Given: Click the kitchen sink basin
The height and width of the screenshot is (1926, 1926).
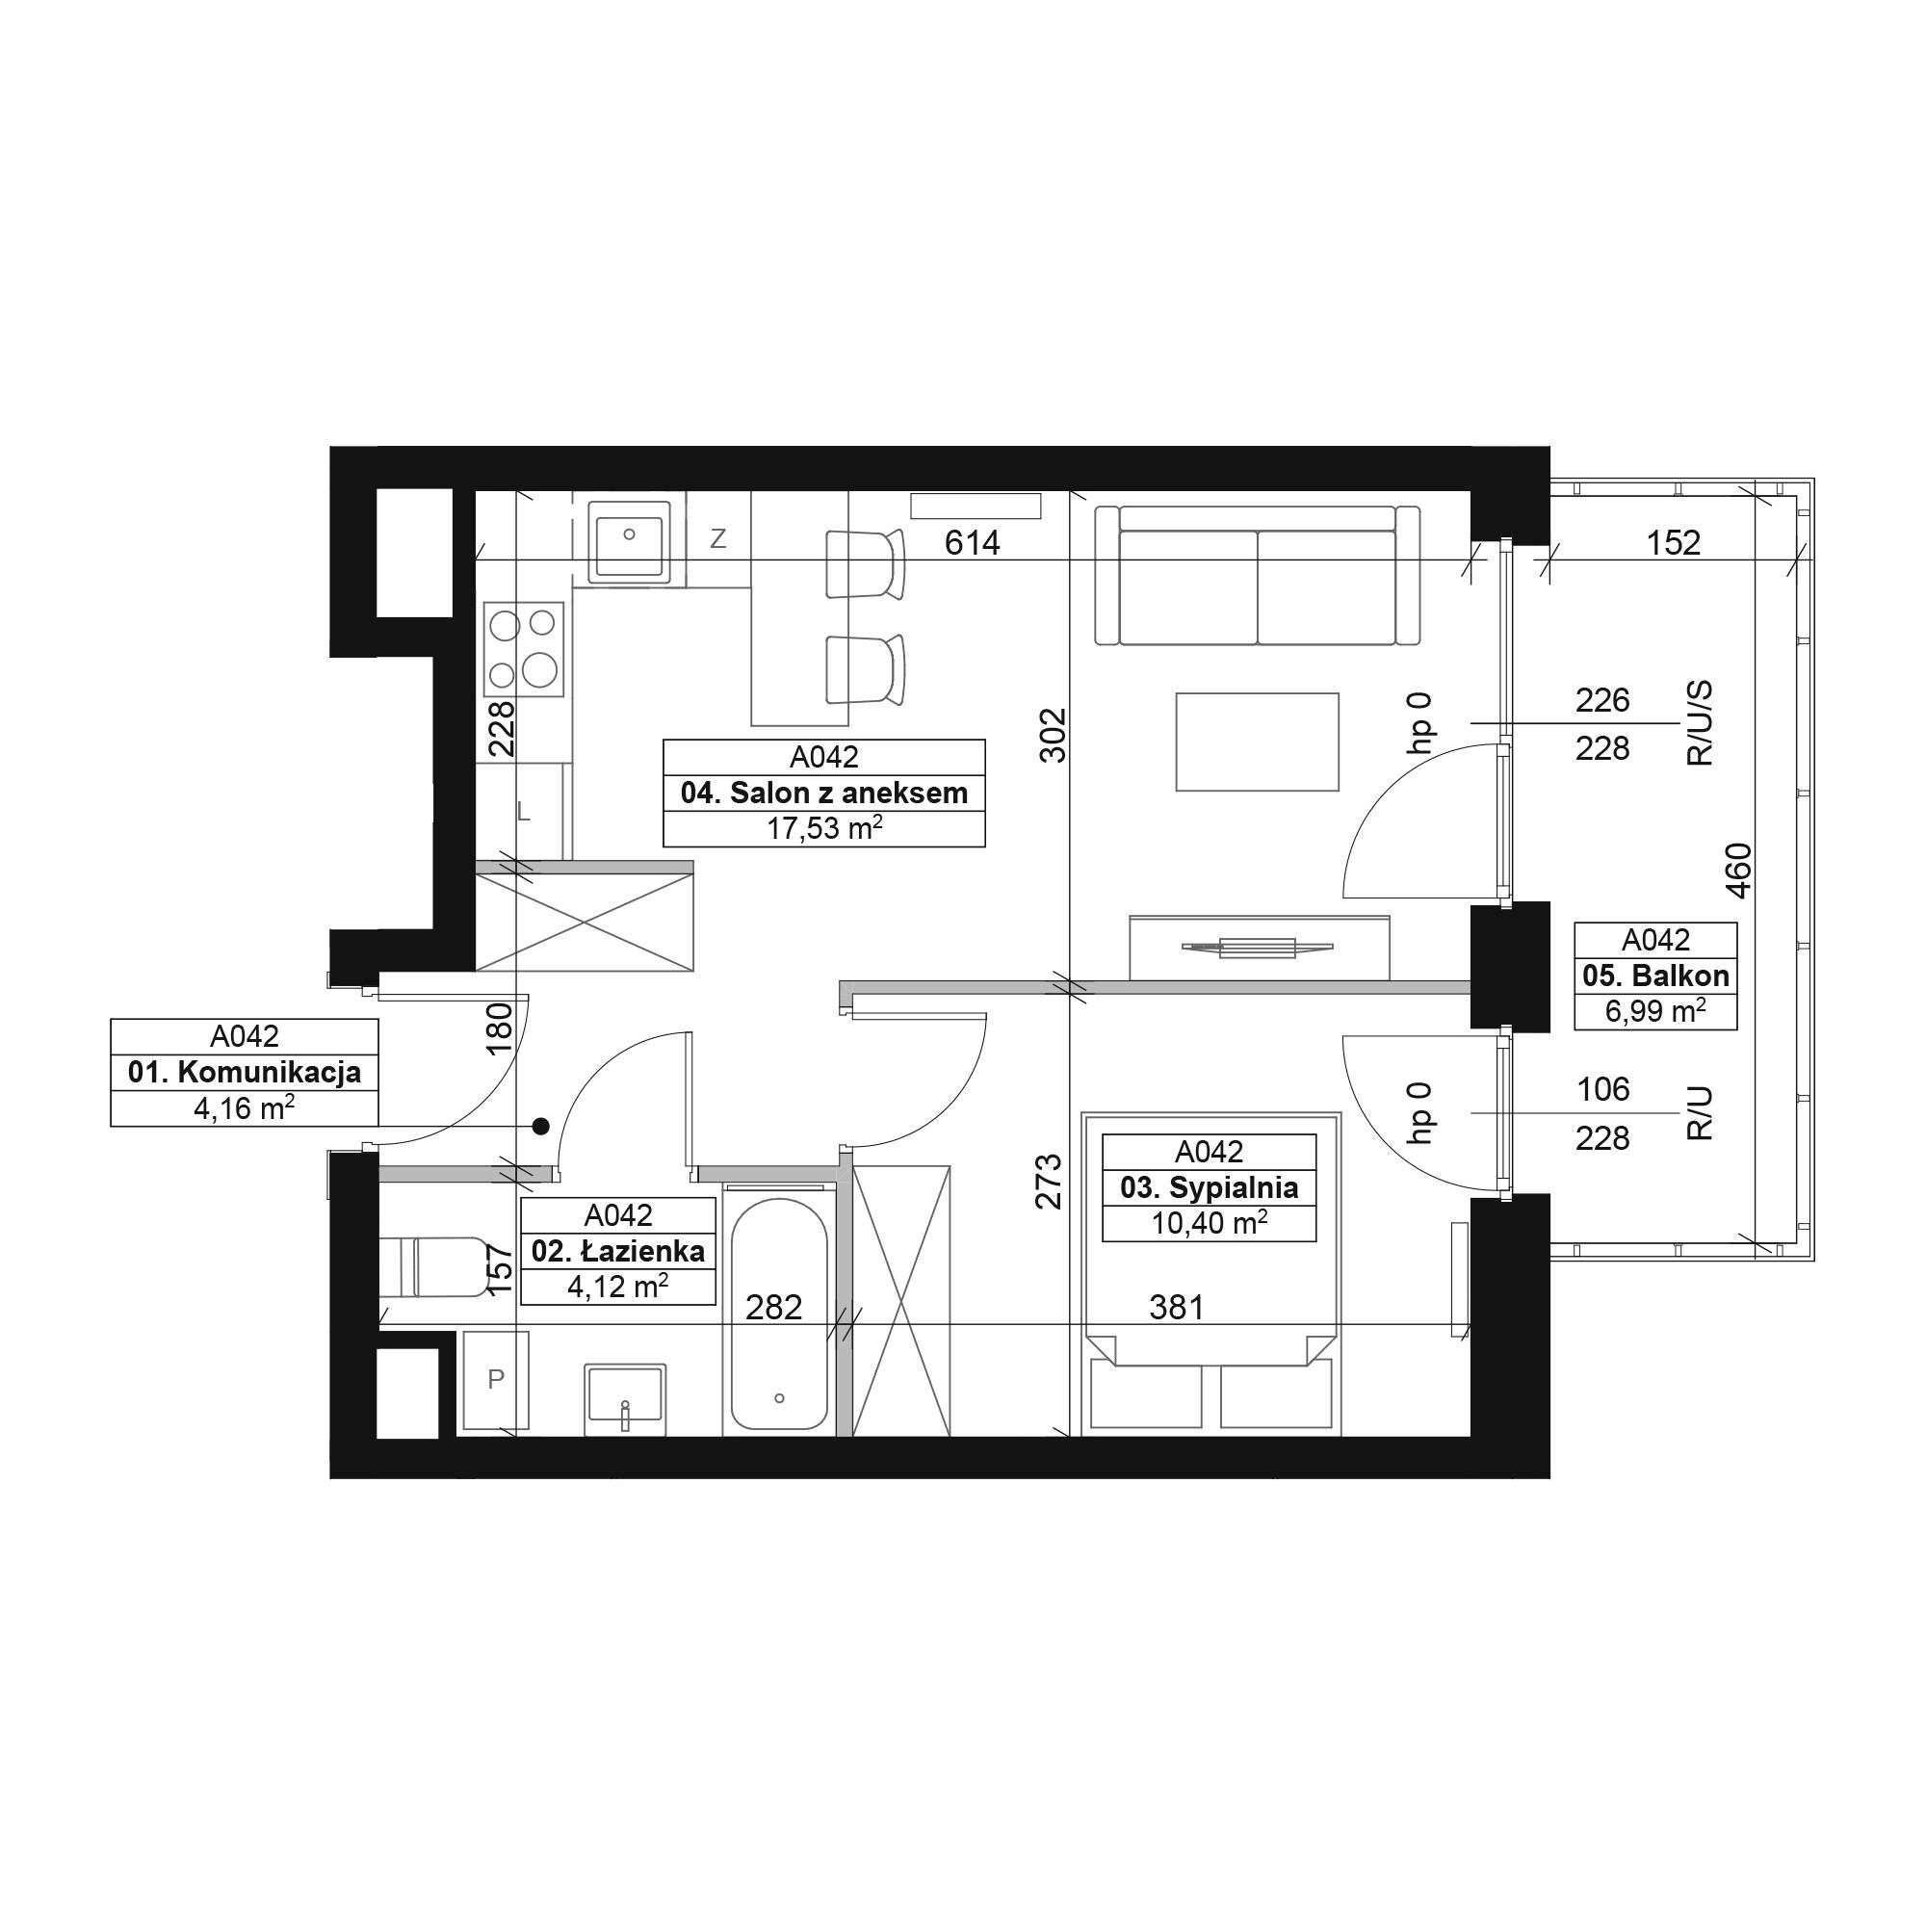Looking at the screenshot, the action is click(x=629, y=542).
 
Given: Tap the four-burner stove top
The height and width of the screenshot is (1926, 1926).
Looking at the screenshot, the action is click(x=523, y=649).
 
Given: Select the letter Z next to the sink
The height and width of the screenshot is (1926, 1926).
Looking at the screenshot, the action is click(x=717, y=539).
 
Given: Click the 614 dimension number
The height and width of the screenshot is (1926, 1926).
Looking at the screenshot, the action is click(x=972, y=542).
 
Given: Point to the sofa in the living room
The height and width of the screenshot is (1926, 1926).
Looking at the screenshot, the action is click(x=1256, y=574).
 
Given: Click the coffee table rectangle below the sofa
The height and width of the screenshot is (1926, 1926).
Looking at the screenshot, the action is click(x=1256, y=742).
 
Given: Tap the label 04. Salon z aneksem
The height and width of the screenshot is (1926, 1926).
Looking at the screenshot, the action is click(x=824, y=794).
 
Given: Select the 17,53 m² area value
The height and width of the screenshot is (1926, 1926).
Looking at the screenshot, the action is click(x=824, y=828).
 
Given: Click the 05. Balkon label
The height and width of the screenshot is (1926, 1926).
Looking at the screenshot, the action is click(x=1655, y=976).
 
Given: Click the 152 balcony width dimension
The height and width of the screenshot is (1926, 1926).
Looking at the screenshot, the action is click(x=1673, y=542).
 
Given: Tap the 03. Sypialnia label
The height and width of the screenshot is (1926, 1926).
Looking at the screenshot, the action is click(x=1210, y=1188).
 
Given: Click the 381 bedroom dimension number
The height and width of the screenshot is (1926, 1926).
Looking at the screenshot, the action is click(x=1177, y=1307).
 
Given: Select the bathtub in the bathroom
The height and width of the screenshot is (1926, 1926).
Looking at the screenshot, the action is click(x=778, y=1312).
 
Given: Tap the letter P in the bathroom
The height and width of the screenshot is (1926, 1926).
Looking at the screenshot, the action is click(x=495, y=1379).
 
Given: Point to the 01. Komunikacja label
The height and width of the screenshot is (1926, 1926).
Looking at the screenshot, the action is click(x=245, y=1073).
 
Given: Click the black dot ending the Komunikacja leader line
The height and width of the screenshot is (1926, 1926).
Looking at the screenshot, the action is click(x=540, y=1127).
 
